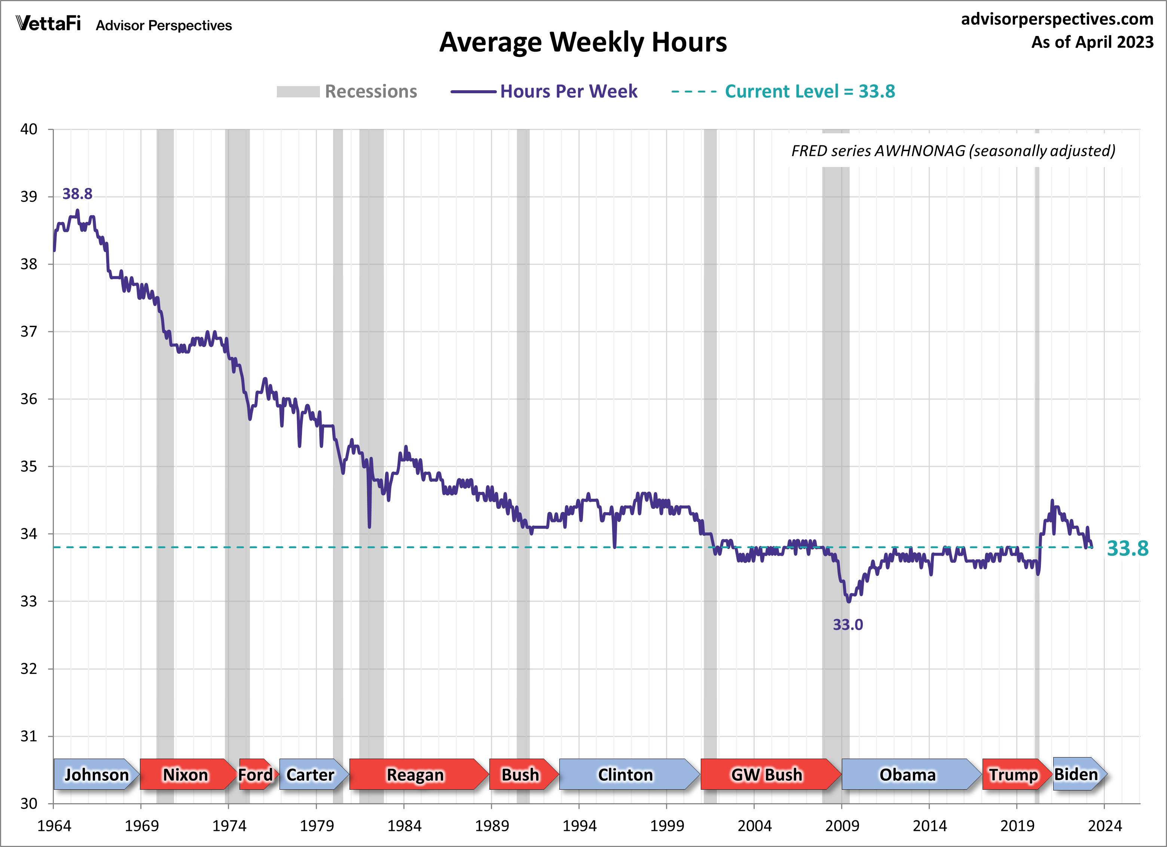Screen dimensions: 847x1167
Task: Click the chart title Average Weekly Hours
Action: click(x=583, y=42)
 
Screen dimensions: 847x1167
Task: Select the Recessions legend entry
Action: click(x=347, y=92)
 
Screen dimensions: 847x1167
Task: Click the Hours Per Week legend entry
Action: click(x=544, y=92)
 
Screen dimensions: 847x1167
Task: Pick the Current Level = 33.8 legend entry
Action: click(x=783, y=92)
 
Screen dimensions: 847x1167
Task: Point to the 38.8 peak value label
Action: click(x=77, y=194)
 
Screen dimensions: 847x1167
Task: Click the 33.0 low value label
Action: click(x=847, y=625)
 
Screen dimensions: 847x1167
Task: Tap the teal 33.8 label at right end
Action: click(x=1127, y=548)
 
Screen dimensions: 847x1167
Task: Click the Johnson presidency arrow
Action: click(x=96, y=774)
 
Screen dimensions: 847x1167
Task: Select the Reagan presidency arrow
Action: click(x=416, y=774)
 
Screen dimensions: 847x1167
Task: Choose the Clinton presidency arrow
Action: click(x=626, y=774)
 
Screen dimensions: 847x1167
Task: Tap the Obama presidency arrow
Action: click(x=908, y=774)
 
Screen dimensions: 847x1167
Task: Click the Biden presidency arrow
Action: click(x=1076, y=773)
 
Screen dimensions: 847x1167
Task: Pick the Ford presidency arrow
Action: click(x=256, y=774)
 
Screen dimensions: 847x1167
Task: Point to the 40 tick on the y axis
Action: click(x=29, y=129)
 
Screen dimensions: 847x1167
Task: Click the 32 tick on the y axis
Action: click(x=29, y=669)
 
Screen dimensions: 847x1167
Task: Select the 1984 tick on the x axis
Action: click(x=404, y=826)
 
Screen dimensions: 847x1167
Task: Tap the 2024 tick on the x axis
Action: click(x=1104, y=826)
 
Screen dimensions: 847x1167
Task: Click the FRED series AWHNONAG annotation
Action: click(x=953, y=151)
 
